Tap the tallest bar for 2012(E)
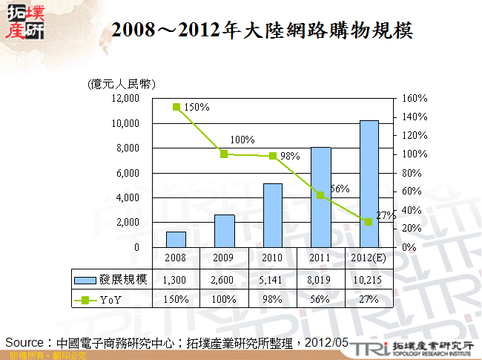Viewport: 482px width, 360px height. coord(369,183)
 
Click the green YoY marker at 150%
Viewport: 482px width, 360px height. coord(176,107)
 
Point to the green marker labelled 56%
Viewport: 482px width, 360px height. coord(321,195)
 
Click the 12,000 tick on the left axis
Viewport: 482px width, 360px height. coord(125,98)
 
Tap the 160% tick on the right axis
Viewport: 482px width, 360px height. coord(415,98)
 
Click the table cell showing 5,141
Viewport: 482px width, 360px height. coord(273,280)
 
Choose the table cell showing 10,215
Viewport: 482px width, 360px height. coord(369,280)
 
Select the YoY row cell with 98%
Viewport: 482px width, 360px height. coord(273,299)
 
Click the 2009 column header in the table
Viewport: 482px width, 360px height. coord(225,259)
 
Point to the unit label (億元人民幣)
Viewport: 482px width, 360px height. coord(121,83)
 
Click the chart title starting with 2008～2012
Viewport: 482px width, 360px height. coord(261,30)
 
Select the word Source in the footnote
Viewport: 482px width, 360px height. coord(27,342)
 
